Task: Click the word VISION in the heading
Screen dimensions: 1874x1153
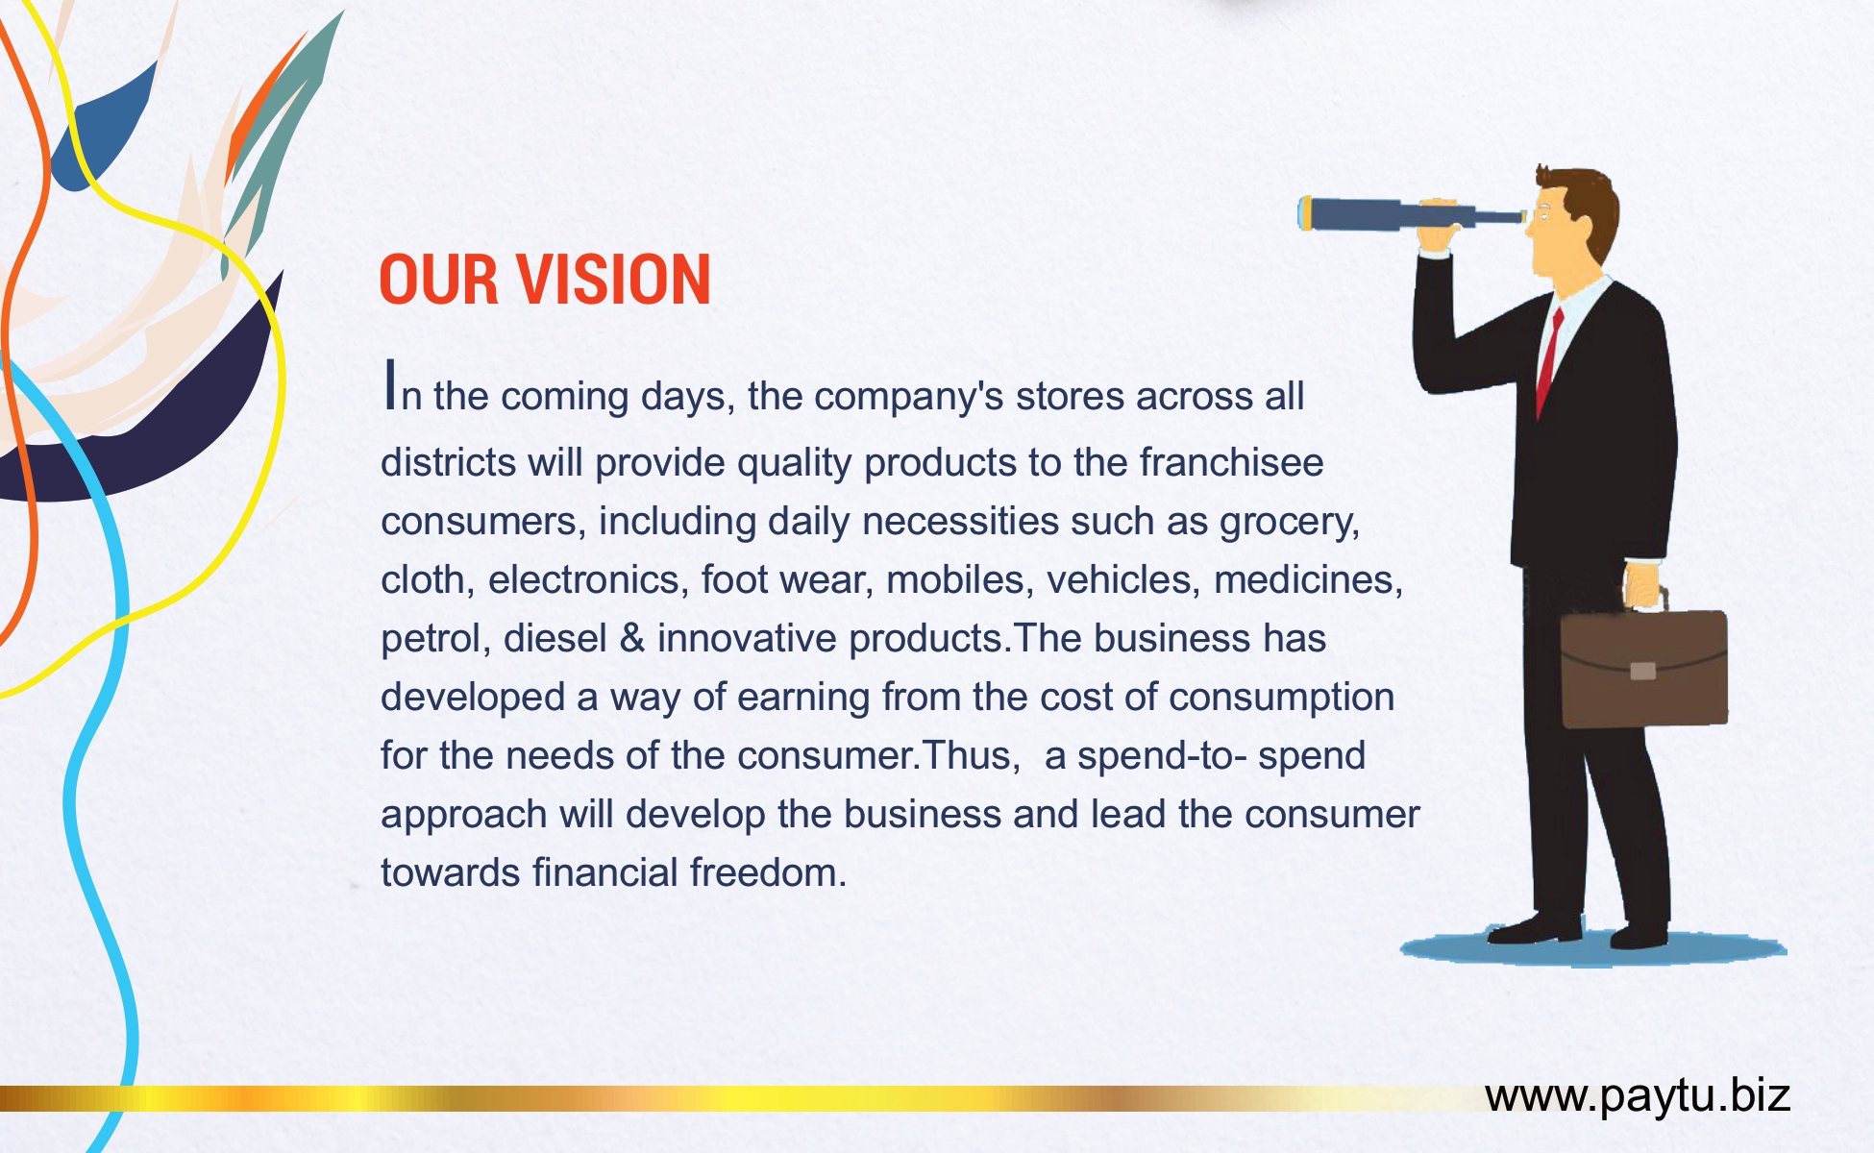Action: pos(614,281)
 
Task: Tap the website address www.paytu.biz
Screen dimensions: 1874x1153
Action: pos(1638,1095)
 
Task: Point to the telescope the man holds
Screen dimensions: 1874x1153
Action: pos(1411,213)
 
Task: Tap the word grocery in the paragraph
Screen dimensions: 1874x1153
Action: pos(1290,523)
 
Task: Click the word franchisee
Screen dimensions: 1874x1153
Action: pos(1231,462)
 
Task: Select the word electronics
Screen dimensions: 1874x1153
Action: pos(588,580)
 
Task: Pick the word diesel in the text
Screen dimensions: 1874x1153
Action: pos(555,638)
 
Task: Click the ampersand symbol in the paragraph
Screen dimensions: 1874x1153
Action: pos(632,639)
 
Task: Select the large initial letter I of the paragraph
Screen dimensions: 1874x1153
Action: pos(389,383)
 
